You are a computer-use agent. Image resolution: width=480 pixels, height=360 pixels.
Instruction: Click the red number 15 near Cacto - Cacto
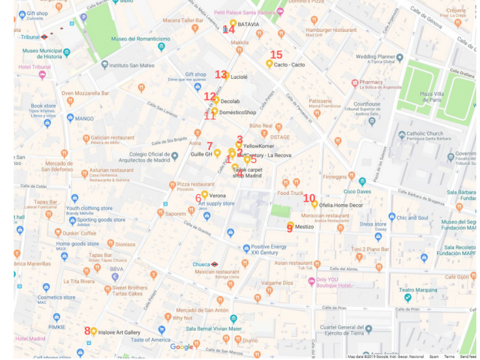pyautogui.click(x=276, y=55)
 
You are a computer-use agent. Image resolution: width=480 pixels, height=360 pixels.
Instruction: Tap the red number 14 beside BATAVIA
pyautogui.click(x=229, y=29)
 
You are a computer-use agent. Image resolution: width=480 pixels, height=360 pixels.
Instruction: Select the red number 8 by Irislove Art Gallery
pyautogui.click(x=87, y=331)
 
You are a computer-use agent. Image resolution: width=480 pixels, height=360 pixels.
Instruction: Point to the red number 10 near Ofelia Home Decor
pyautogui.click(x=309, y=198)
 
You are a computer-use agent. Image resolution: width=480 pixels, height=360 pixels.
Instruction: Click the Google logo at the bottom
pyautogui.click(x=182, y=347)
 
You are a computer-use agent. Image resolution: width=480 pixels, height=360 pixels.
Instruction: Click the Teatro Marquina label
pyautogui.click(x=418, y=289)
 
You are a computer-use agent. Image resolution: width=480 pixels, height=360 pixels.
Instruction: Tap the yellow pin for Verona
pyautogui.click(x=204, y=194)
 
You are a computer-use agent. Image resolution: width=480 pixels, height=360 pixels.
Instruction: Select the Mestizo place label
pyautogui.click(x=304, y=226)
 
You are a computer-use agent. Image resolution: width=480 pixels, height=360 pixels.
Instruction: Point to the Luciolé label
pyautogui.click(x=239, y=77)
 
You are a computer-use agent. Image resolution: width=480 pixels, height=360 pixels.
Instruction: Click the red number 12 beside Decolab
pyautogui.click(x=209, y=96)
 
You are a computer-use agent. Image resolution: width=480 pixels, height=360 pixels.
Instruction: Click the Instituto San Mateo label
pyautogui.click(x=131, y=65)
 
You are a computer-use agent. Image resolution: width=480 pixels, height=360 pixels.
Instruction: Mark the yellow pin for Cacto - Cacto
pyautogui.click(x=269, y=63)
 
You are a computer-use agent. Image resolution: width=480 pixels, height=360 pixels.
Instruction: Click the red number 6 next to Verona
pyautogui.click(x=198, y=198)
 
